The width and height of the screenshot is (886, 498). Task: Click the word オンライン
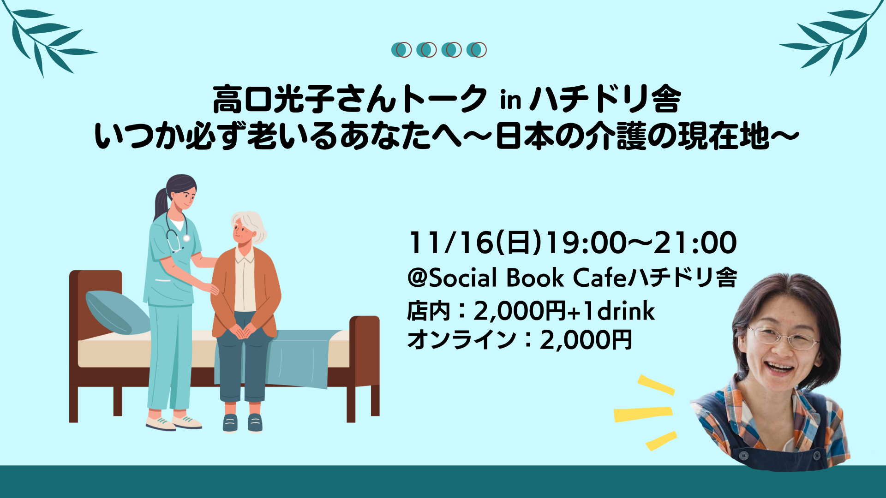click(x=461, y=340)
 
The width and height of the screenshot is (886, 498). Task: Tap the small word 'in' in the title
click(x=511, y=100)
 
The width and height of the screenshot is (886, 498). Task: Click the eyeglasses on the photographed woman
click(x=782, y=338)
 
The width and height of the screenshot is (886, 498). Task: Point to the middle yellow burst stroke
click(x=643, y=414)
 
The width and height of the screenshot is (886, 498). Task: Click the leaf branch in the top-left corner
click(x=48, y=39)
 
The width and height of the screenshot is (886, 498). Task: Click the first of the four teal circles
click(x=401, y=50)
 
